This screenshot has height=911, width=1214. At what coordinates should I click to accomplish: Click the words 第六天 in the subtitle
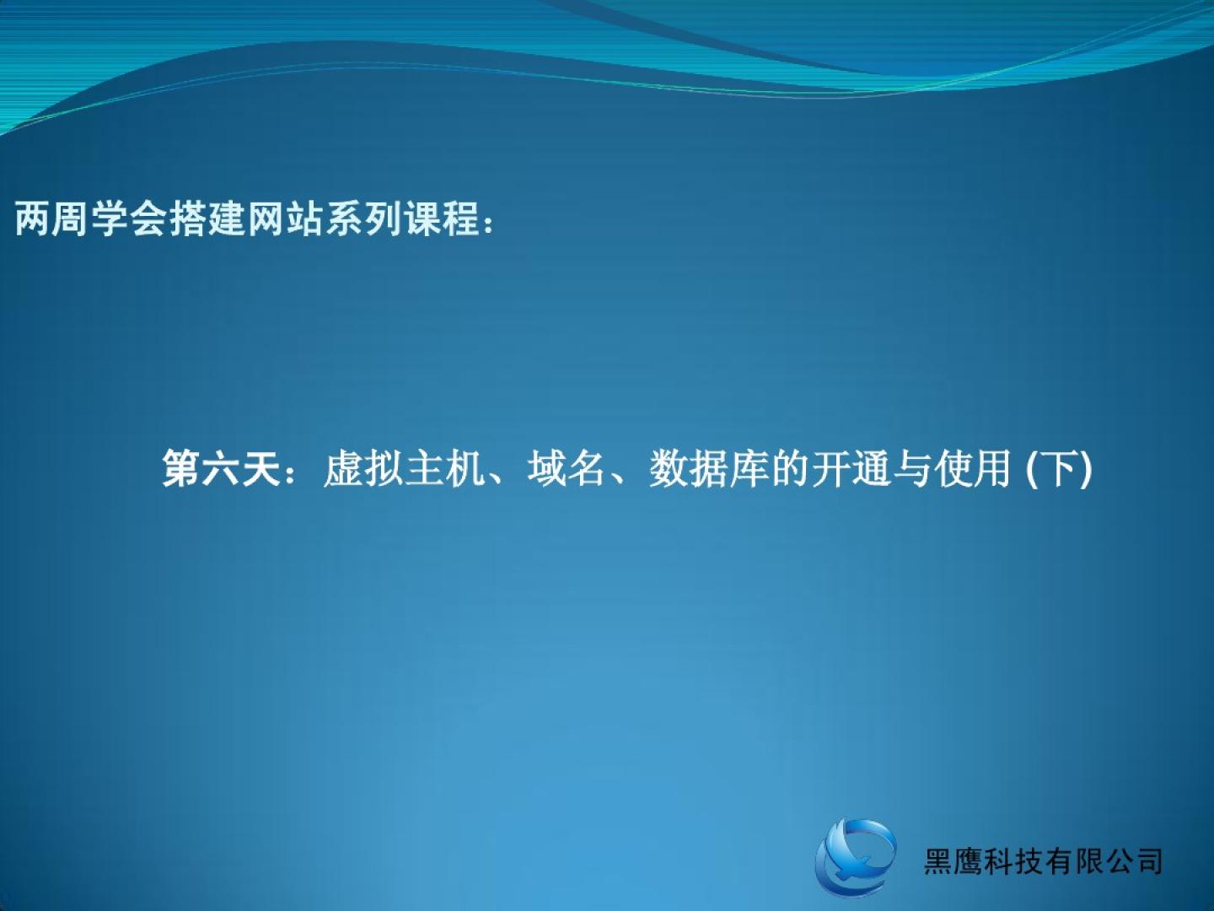point(221,468)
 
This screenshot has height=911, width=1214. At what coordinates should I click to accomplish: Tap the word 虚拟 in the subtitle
point(363,468)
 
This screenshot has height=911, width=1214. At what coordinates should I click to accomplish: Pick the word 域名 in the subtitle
point(567,468)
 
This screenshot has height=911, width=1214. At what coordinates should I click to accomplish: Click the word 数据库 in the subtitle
point(709,468)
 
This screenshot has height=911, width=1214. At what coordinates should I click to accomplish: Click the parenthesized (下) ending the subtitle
point(1059,469)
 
